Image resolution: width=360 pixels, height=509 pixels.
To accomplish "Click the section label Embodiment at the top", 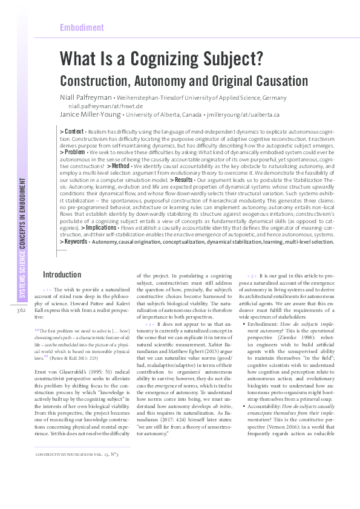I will (82, 28).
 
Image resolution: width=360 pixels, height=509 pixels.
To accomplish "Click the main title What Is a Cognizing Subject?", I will (160, 60).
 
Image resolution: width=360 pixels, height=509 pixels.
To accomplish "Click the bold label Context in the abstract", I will (73, 131).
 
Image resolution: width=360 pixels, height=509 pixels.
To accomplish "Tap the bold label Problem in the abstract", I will (73, 152).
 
